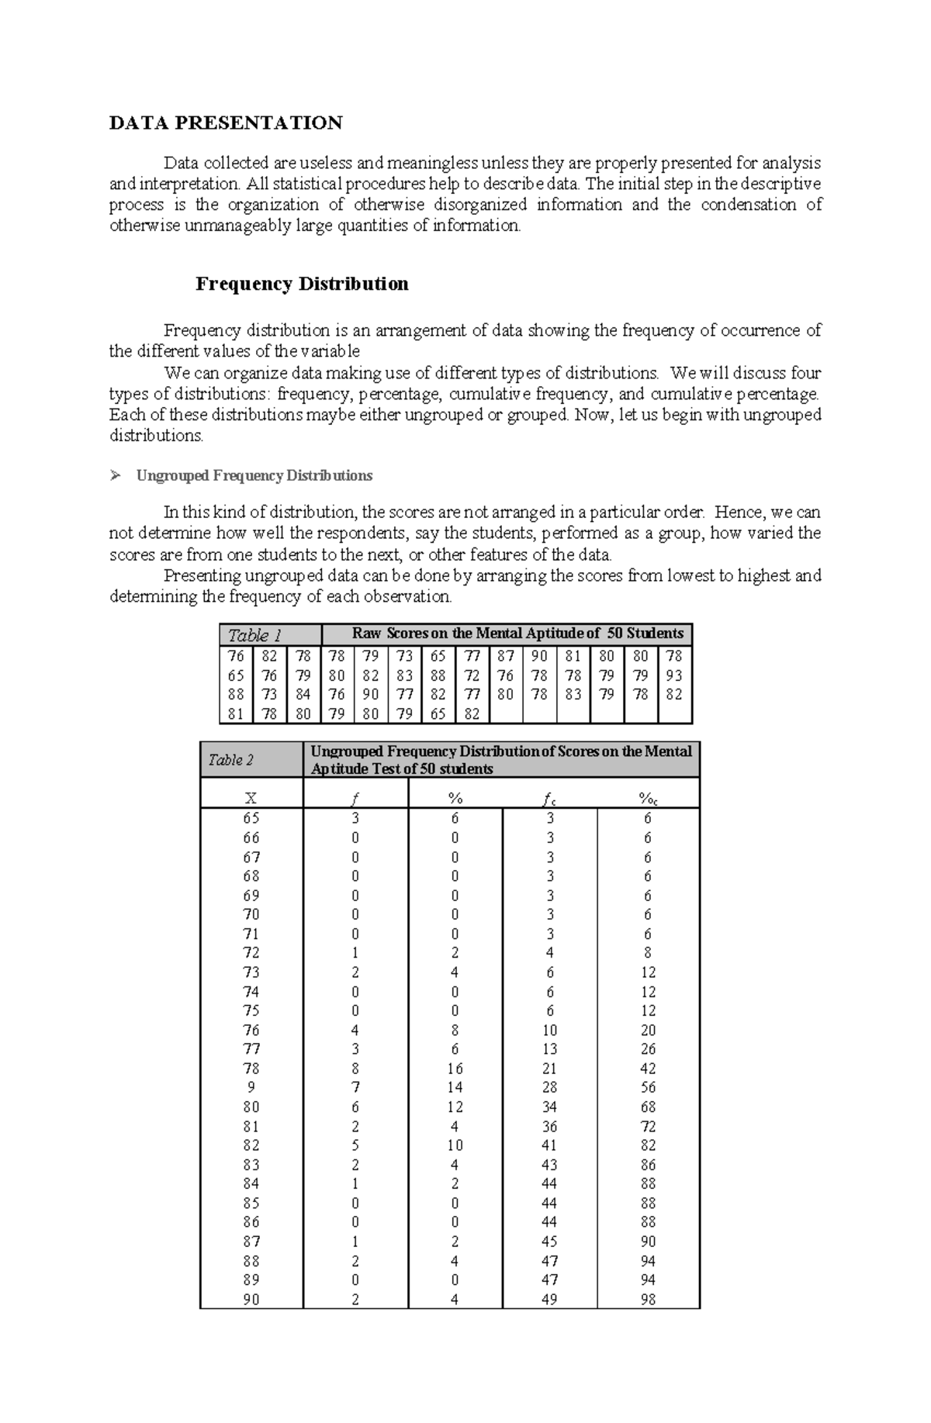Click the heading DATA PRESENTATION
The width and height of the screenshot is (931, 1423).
(226, 123)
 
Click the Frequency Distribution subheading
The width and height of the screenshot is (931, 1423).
(302, 284)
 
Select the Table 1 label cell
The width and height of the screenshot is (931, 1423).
(270, 634)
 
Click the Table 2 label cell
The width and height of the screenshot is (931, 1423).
(251, 760)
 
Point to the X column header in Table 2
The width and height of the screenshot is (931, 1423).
(251, 799)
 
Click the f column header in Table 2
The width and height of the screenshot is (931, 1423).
(355, 799)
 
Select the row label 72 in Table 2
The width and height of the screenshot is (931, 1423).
(251, 953)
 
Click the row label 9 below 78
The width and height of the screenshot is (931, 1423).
(251, 1087)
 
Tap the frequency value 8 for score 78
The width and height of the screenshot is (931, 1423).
(355, 1069)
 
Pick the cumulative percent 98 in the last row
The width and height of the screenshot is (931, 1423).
(648, 1300)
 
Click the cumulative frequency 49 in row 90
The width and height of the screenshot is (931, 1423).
(549, 1300)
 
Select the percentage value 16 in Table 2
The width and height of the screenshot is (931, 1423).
(455, 1069)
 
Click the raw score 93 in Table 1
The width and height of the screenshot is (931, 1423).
(673, 675)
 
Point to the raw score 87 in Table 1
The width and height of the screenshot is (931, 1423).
(506, 656)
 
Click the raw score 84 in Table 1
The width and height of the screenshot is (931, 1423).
(303, 695)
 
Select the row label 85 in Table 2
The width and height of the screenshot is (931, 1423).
(251, 1204)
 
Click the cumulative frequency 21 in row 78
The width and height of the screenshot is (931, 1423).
(549, 1069)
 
